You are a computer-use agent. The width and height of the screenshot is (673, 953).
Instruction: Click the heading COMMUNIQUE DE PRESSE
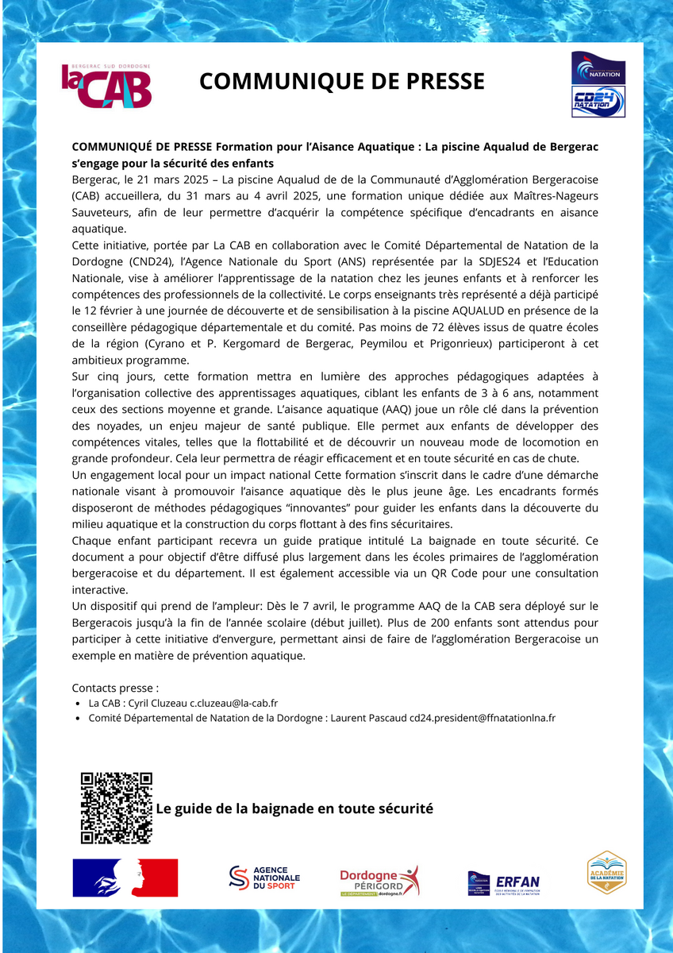(341, 81)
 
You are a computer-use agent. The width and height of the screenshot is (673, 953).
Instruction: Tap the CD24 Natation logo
(598, 102)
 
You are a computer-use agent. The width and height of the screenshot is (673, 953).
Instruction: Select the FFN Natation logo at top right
(598, 68)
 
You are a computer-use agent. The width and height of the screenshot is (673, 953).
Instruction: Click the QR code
(116, 808)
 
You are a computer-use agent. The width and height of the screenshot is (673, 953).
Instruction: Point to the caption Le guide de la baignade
(294, 808)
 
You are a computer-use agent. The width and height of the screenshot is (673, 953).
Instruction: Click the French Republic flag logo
(125, 878)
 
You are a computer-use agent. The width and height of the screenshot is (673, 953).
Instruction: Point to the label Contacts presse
(115, 688)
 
